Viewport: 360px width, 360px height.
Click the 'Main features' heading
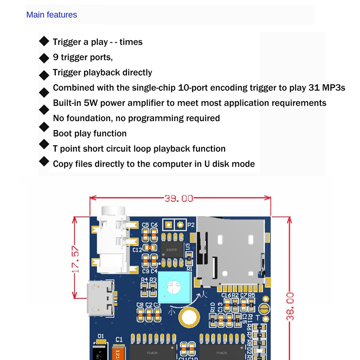[51, 15]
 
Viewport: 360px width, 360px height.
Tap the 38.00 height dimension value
[291, 306]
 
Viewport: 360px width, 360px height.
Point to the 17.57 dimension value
[76, 259]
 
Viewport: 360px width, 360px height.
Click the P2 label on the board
[191, 225]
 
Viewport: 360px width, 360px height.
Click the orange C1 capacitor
[119, 354]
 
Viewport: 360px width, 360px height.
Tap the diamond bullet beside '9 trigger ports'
[44, 58]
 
